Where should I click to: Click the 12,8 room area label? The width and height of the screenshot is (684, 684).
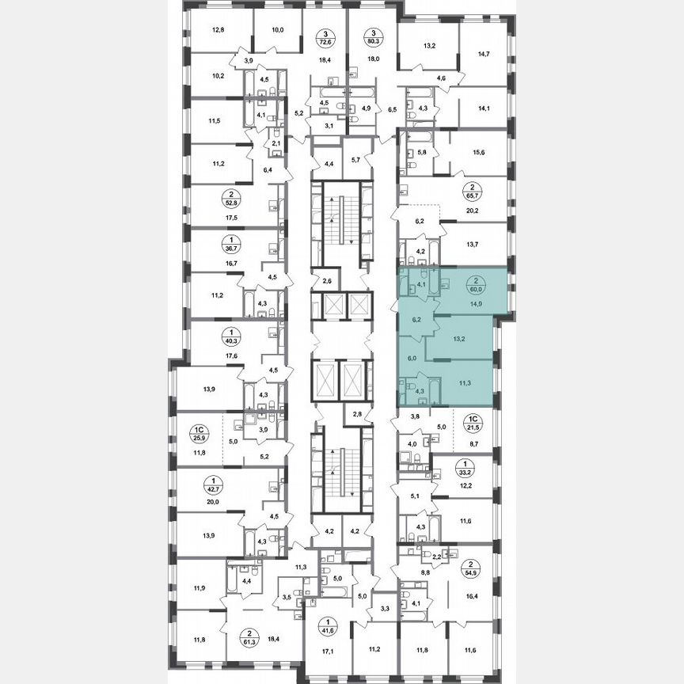point(218,31)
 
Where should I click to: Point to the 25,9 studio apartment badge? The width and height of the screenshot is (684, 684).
point(198,432)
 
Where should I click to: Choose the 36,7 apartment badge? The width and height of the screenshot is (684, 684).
point(208,245)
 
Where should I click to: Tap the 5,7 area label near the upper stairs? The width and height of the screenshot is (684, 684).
point(355,160)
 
